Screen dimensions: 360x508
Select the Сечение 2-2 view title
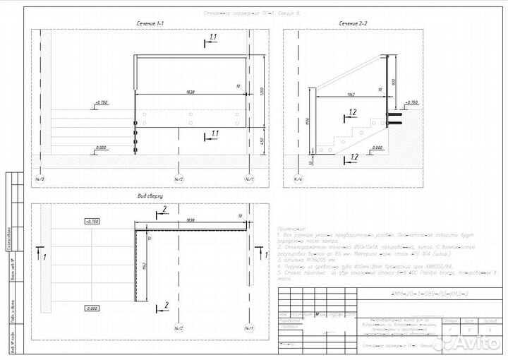[353, 24]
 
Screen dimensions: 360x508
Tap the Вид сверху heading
[150, 196]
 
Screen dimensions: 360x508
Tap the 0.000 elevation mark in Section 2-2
[376, 148]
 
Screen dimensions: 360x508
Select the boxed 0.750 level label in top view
[92, 221]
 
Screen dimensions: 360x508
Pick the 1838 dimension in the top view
[190, 220]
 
